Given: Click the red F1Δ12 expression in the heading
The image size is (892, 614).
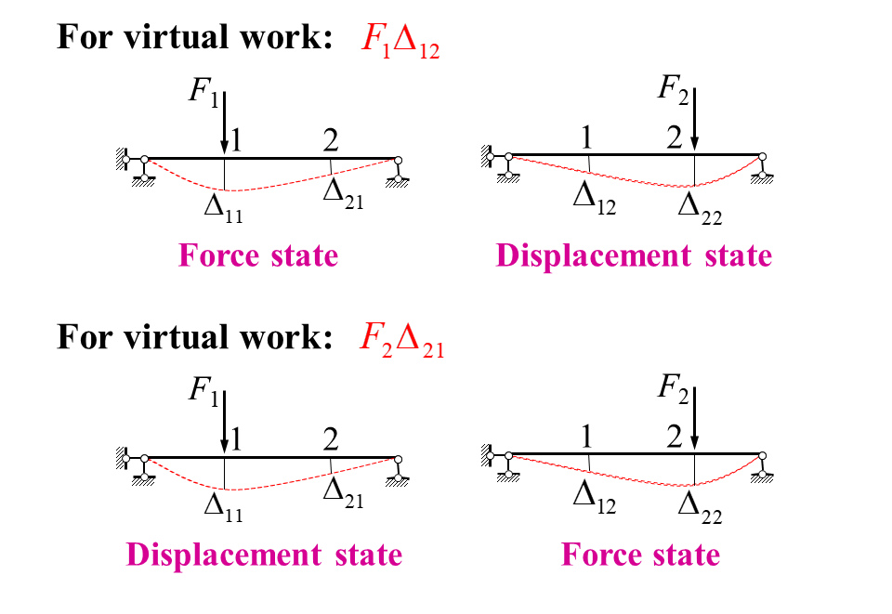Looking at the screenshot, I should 399,40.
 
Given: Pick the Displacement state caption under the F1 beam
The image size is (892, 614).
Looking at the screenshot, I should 264,555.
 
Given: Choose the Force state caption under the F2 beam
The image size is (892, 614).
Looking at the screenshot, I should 640,555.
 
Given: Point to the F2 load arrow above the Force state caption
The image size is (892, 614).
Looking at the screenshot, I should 695,418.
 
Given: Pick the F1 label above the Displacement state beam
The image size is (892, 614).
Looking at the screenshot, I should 203,388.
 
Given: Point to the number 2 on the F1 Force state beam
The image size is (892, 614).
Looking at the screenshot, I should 330,140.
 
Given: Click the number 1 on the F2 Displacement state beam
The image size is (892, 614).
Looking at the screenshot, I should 586,138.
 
